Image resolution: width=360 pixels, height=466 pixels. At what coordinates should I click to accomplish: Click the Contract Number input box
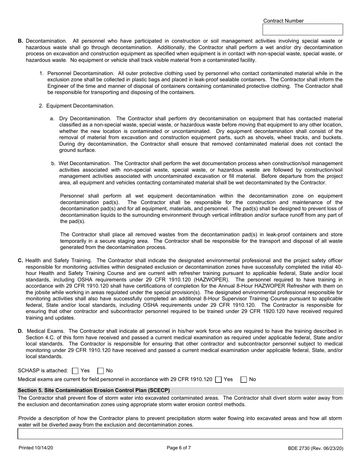click(x=302, y=30)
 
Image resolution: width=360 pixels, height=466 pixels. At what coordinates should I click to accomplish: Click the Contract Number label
click(x=283, y=21)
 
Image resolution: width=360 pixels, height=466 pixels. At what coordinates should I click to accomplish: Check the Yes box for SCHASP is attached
click(x=75, y=371)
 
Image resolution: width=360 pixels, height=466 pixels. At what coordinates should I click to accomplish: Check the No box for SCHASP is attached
click(x=101, y=371)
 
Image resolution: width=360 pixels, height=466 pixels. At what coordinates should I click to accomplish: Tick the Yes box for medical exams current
click(x=218, y=379)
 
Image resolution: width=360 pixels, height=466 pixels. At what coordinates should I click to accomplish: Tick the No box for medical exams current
click(x=244, y=379)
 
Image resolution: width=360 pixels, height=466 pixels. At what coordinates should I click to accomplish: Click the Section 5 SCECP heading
click(x=94, y=390)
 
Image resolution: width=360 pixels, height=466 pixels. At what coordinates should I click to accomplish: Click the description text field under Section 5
click(x=180, y=433)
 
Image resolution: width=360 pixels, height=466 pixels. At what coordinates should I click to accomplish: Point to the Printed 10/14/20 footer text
click(x=36, y=448)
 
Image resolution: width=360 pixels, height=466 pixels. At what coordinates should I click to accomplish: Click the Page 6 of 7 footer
click(x=179, y=448)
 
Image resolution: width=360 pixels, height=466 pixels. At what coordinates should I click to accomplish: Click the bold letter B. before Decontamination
click(x=20, y=41)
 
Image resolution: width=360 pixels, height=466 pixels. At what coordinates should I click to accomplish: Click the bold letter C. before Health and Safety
click(x=20, y=261)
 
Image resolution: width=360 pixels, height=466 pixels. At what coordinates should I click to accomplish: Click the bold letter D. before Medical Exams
click(x=20, y=332)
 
